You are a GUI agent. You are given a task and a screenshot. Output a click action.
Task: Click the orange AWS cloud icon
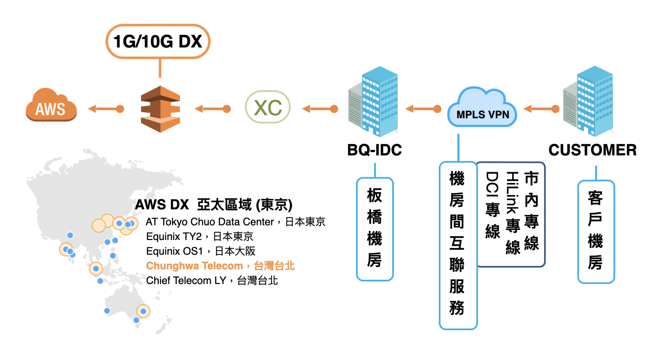51,105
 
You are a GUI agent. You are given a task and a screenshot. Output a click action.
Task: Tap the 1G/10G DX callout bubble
158,41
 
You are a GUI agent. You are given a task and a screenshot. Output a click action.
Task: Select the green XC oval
267,107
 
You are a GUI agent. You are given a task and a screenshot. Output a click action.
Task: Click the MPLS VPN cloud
482,107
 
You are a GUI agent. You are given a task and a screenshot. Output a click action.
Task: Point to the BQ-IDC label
374,150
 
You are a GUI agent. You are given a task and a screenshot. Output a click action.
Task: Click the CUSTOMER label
592,150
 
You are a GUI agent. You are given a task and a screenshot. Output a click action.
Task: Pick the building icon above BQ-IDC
373,101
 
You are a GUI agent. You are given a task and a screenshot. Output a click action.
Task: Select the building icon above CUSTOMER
588,101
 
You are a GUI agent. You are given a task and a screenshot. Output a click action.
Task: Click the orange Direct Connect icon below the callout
160,109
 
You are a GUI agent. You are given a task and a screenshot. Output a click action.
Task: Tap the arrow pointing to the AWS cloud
106,109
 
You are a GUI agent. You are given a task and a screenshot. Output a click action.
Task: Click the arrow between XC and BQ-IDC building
320,109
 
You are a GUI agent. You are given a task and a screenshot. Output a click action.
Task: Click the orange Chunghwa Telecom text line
220,266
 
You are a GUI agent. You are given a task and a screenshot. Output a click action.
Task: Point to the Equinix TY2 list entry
199,237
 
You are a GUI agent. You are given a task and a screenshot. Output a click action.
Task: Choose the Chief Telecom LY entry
212,281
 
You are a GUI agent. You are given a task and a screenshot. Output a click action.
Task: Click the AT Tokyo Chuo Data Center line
236,222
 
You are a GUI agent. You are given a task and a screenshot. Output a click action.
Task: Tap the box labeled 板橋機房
375,229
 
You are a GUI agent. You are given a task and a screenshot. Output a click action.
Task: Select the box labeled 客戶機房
596,232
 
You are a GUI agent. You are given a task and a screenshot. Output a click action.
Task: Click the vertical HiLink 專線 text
513,213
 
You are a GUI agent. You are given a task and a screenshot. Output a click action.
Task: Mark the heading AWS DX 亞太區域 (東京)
214,205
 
